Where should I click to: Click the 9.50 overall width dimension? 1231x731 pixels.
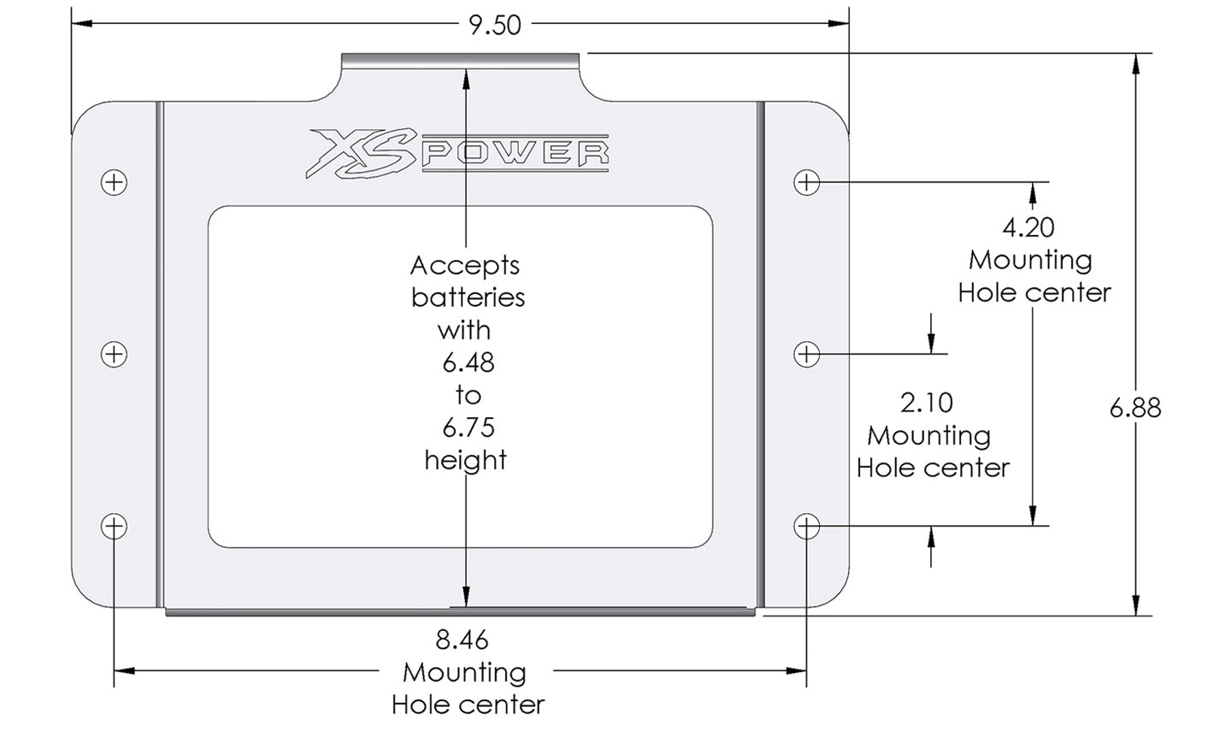pos(495,24)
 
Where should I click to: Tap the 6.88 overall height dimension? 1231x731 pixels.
pos(1134,408)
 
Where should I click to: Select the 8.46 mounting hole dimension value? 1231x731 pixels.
pos(462,640)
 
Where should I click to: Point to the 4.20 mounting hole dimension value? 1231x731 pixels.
pos(1028,227)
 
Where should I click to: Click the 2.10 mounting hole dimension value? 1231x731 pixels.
pos(927,402)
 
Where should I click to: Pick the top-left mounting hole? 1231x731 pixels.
pos(114,182)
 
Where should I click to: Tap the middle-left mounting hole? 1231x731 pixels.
pos(114,354)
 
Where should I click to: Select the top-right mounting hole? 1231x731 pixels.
pos(807,182)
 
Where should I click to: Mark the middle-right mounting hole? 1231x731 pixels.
pos(807,354)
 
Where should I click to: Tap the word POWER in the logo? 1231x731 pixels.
pos(515,154)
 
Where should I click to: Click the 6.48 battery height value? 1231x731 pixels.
pos(468,363)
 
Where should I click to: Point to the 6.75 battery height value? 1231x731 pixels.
pos(468,427)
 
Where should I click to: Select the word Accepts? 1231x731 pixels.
pos(465,266)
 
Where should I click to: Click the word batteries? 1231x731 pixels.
pos(468,298)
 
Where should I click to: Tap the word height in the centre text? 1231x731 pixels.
pos(466,460)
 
